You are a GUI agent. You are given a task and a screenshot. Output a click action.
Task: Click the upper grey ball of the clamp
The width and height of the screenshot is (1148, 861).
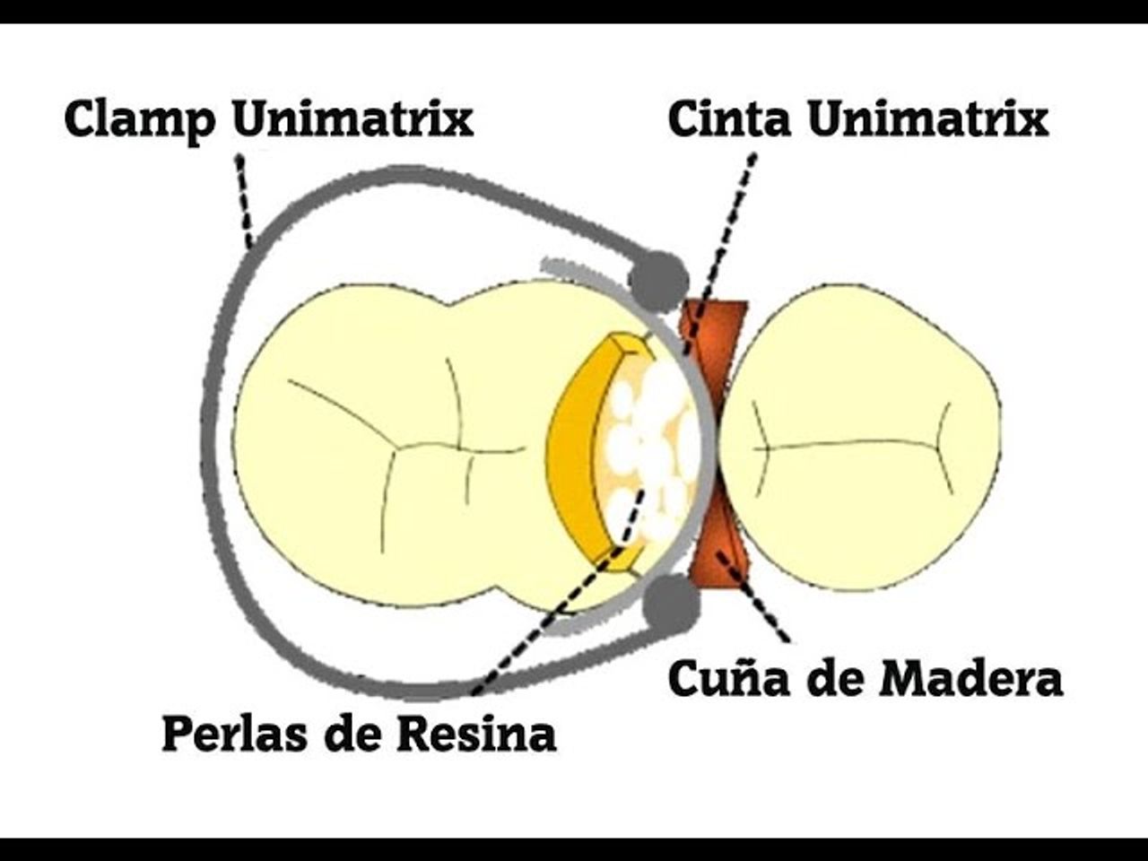[658, 279]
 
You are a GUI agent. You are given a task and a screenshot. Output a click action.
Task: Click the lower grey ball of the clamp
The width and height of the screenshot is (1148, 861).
[671, 603]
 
